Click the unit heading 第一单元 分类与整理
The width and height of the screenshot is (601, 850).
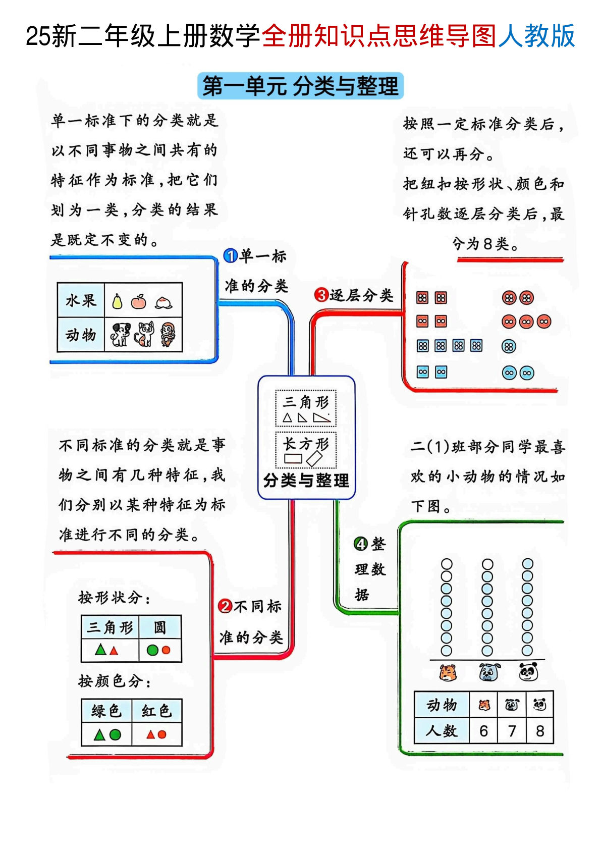[x=300, y=86]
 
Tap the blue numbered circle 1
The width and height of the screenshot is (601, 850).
[x=230, y=256]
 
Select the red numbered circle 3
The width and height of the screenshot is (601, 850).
[x=321, y=294]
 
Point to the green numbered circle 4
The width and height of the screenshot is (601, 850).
[x=361, y=544]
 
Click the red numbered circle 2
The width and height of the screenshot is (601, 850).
[x=225, y=606]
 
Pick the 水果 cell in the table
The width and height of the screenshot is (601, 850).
[x=81, y=300]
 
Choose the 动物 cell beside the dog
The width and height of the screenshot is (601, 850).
[x=81, y=334]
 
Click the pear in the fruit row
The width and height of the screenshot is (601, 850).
[x=117, y=301]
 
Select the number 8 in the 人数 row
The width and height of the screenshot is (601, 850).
[x=539, y=730]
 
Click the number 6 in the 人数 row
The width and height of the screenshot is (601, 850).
[x=483, y=730]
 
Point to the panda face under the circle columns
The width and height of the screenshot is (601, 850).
[x=528, y=672]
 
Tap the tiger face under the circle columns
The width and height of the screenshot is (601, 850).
[x=448, y=672]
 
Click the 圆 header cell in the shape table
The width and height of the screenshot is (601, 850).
[x=159, y=627]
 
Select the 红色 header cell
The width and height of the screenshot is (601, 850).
[x=156, y=711]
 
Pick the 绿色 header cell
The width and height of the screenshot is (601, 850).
[x=106, y=711]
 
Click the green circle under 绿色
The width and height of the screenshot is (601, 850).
[x=115, y=734]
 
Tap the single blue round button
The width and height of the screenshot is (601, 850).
[x=509, y=346]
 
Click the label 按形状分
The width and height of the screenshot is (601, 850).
[x=114, y=598]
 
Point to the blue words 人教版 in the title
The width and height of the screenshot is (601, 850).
[x=537, y=36]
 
